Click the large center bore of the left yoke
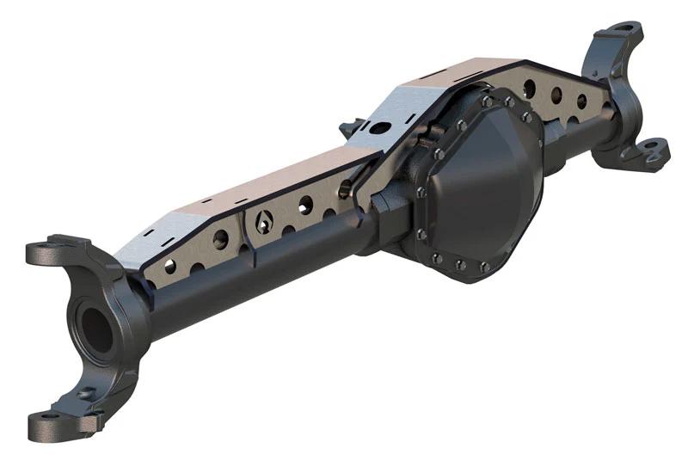(x=97, y=330)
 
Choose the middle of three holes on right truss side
(x=556, y=95)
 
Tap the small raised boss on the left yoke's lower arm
(x=83, y=393)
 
